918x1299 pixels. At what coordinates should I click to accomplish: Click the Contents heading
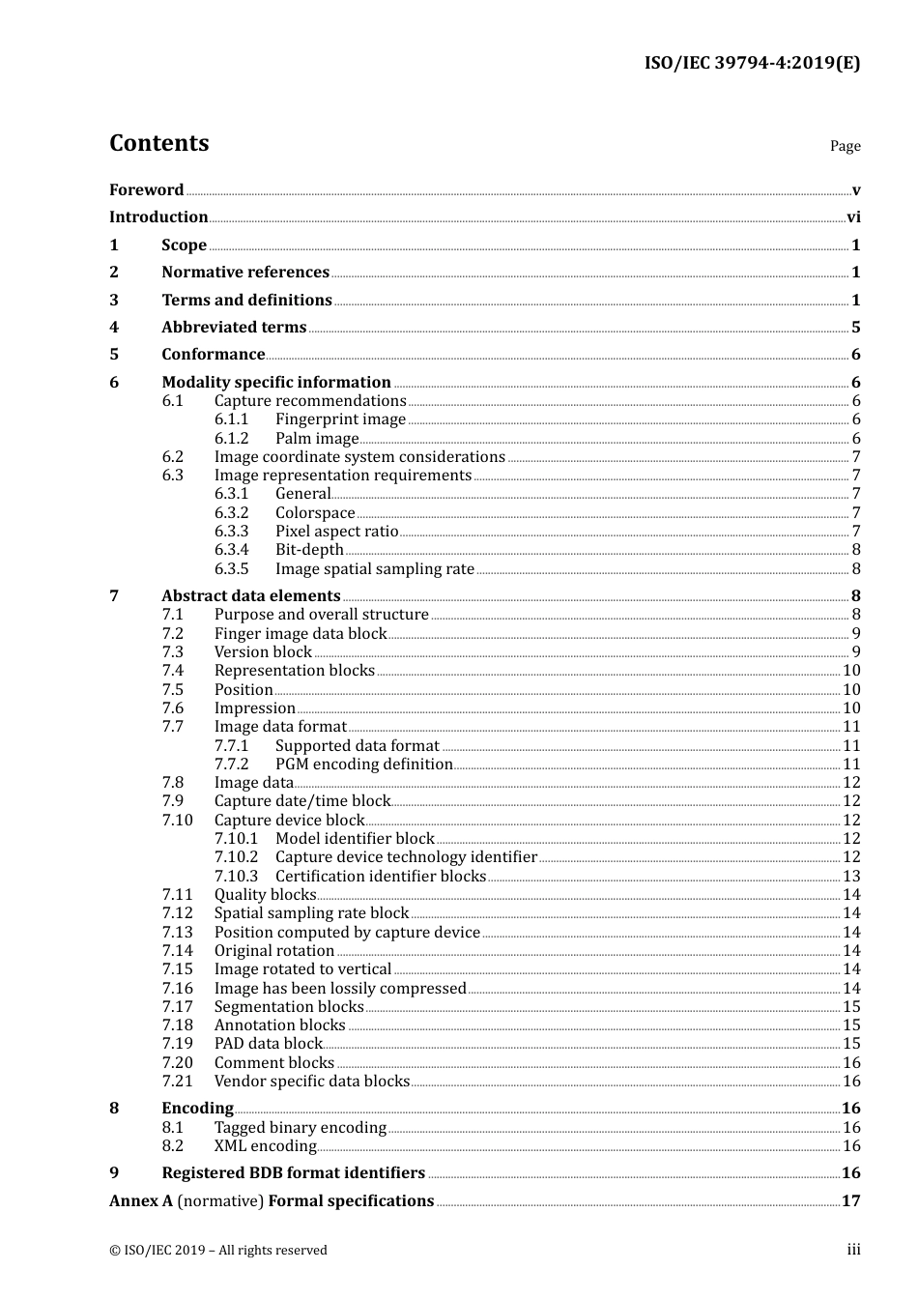coord(158,143)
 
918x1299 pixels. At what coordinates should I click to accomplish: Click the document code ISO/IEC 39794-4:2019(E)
coord(752,64)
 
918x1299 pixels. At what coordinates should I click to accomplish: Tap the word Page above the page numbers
coord(845,146)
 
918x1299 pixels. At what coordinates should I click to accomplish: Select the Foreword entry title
coord(146,190)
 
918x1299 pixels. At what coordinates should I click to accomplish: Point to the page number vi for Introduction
coord(853,217)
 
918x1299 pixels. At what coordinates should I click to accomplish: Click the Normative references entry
coord(245,273)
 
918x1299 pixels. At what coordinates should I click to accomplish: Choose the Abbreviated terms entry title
coord(234,328)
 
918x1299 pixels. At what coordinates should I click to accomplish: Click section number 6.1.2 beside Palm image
coord(231,439)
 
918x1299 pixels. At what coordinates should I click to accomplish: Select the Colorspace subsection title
coord(315,513)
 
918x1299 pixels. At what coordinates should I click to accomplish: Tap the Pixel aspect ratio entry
coord(336,532)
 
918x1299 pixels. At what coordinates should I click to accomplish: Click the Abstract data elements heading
coord(251,596)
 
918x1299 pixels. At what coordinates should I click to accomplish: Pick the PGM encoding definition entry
coord(363,765)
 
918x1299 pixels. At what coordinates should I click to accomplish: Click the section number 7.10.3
coord(236,877)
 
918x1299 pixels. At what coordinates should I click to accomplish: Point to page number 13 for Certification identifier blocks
coord(851,877)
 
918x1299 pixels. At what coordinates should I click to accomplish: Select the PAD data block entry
coord(268,1044)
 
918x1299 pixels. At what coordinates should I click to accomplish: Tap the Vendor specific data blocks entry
coord(311,1082)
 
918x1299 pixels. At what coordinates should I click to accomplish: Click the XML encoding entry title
coord(265,1146)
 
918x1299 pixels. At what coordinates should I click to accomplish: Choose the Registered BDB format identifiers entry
coord(293,1173)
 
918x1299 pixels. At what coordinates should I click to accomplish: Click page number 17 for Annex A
coord(850,1201)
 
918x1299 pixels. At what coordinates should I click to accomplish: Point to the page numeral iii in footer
coord(853,1250)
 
